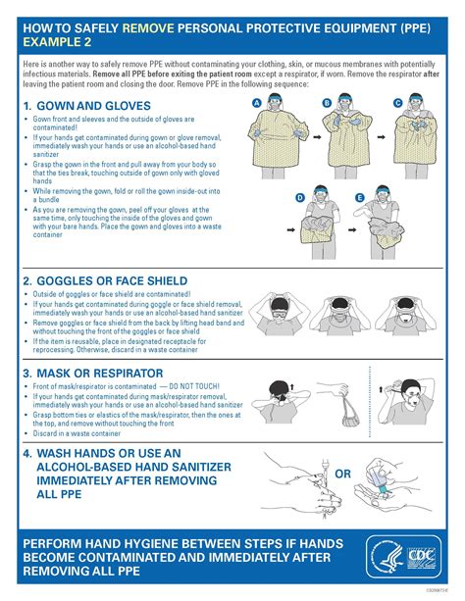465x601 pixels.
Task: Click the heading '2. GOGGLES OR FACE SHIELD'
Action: pos(112,280)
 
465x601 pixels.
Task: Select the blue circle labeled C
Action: pos(397,102)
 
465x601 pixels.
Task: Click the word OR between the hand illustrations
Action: pos(342,475)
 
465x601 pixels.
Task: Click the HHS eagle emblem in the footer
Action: pos(386,557)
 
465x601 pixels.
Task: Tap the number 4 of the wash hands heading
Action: pos(28,453)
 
